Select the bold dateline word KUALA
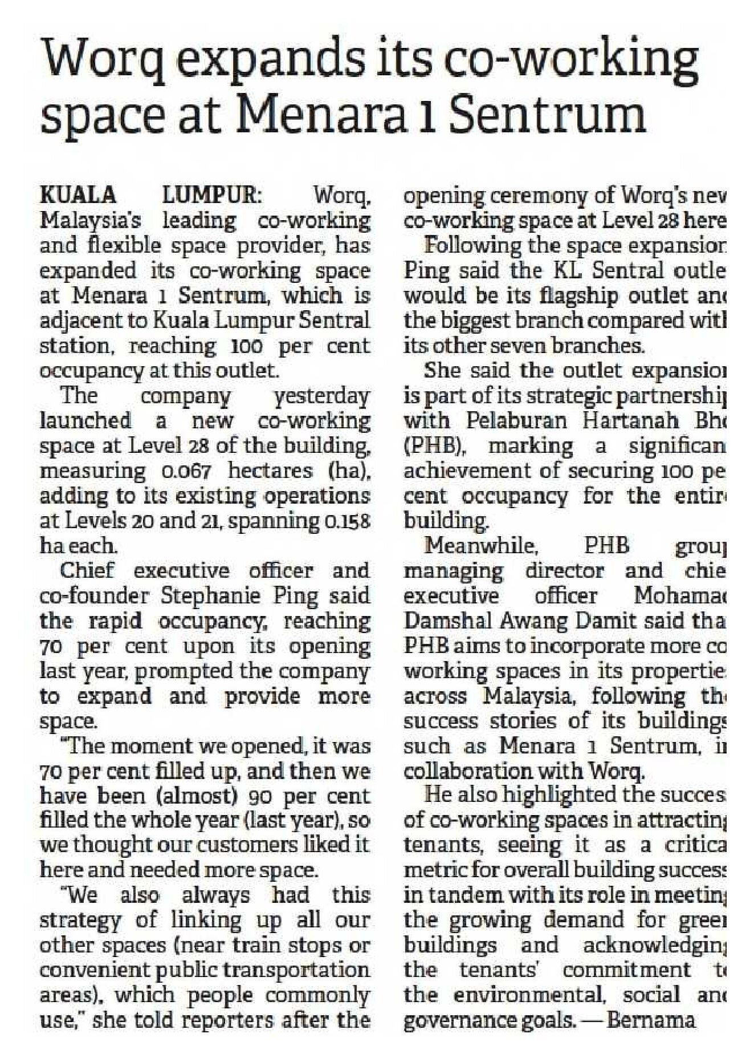78,196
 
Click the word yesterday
321,396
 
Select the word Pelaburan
517,421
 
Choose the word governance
456,1021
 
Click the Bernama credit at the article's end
651,1021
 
